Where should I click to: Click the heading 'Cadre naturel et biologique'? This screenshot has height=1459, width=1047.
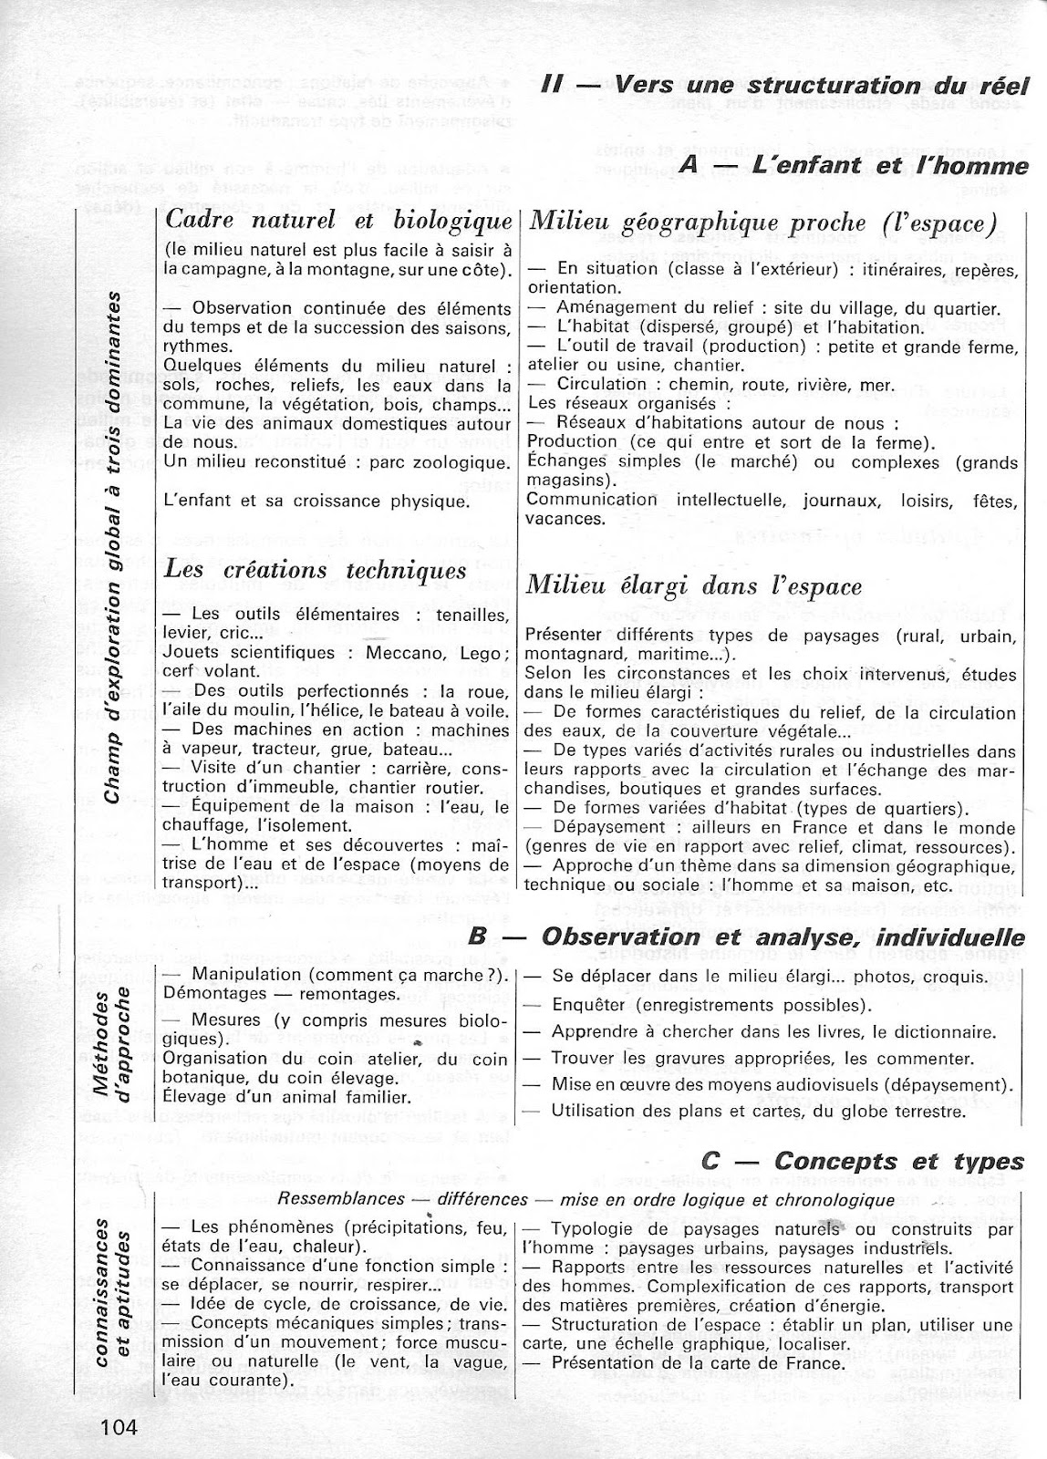(x=337, y=221)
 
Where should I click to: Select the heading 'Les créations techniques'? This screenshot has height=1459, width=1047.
(x=316, y=570)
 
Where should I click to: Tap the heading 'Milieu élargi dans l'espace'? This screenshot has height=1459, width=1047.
(x=695, y=585)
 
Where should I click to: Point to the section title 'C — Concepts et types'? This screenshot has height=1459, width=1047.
(x=864, y=1161)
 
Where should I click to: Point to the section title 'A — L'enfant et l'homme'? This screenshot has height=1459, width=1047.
(x=854, y=165)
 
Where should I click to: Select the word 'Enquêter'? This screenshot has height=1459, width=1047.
(x=589, y=1005)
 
